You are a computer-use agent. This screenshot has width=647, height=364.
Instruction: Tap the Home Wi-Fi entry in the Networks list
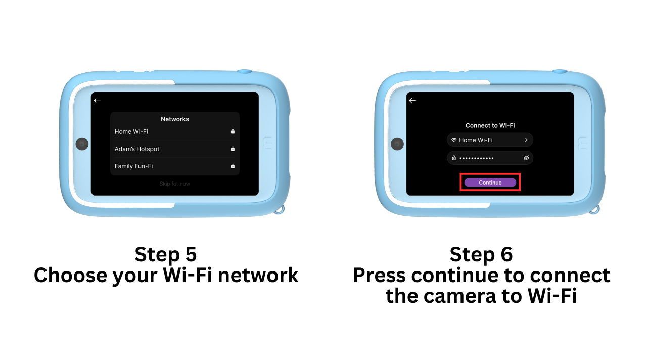click(131, 132)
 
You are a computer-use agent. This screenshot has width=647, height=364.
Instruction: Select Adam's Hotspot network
click(137, 149)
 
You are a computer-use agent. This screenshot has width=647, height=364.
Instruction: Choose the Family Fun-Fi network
click(134, 166)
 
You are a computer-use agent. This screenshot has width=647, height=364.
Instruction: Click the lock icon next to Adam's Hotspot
click(233, 149)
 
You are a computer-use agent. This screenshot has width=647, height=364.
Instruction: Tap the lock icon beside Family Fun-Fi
click(233, 166)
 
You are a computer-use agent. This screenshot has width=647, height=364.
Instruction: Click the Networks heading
click(175, 119)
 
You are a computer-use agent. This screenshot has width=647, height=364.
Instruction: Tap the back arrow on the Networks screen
click(97, 101)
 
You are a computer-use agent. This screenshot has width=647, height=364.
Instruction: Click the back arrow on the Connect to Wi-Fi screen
click(412, 101)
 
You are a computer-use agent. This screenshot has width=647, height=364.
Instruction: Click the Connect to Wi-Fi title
click(490, 125)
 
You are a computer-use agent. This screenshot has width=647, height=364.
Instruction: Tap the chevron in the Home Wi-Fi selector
click(526, 140)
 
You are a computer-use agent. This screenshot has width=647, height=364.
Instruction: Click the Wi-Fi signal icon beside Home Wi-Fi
click(454, 140)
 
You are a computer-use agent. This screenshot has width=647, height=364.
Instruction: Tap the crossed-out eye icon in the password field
click(526, 158)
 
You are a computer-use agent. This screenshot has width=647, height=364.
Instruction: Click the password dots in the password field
click(477, 158)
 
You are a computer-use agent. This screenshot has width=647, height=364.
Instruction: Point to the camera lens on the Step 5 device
click(82, 144)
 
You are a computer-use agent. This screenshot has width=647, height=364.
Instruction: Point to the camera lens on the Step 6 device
click(397, 144)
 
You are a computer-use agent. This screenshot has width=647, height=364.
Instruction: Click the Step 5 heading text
click(166, 254)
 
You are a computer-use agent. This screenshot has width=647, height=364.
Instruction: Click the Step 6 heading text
click(481, 254)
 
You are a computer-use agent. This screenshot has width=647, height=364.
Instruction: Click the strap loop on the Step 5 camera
click(280, 210)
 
